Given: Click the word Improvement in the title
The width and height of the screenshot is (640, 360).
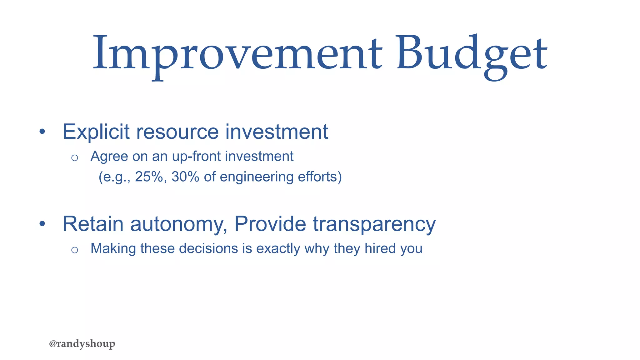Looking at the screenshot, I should (237, 53).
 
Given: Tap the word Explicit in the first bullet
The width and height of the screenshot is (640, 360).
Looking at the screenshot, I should (96, 132).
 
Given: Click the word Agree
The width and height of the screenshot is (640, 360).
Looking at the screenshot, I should (109, 157).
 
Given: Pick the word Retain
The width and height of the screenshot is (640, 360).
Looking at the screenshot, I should (93, 224).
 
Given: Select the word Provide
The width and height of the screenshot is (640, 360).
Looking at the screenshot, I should (270, 224).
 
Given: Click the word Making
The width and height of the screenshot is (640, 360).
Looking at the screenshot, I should (113, 249).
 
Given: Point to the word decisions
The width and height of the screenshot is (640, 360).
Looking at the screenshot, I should (208, 249).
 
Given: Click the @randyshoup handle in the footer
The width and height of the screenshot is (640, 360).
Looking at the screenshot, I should (82, 344).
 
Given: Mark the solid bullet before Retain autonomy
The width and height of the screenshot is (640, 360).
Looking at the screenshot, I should (42, 224).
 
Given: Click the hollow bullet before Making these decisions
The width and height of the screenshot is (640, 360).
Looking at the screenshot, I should (74, 250).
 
